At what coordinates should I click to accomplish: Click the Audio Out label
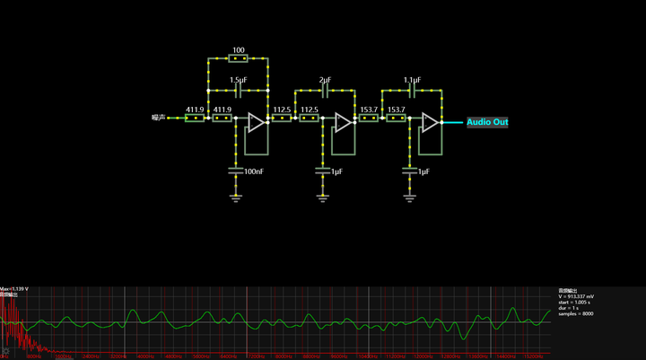[x=487, y=122]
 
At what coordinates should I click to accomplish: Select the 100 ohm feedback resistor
[x=238, y=59]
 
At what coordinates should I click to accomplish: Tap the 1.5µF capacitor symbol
[x=238, y=91]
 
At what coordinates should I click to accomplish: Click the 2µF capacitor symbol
[x=324, y=91]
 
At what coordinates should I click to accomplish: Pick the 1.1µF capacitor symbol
[x=412, y=91]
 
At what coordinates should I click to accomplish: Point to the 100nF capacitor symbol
[x=237, y=168]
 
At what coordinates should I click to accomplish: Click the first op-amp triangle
[x=256, y=123]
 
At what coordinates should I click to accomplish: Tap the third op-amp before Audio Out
[x=430, y=123]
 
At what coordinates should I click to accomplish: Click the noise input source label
[x=160, y=118]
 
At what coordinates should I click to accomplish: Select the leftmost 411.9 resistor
[x=195, y=118]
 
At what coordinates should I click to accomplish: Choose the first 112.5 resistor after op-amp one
[x=282, y=118]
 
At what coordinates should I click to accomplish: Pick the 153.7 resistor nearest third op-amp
[x=396, y=118]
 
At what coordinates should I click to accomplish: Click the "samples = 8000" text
[x=575, y=313]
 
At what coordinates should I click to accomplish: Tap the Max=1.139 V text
[x=14, y=289]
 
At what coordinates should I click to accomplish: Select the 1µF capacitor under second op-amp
[x=324, y=168]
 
